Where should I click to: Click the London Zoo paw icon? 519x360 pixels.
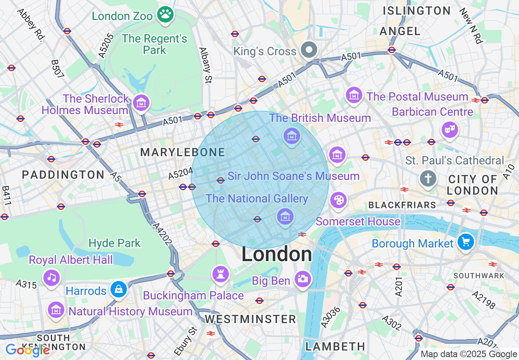point(166,15)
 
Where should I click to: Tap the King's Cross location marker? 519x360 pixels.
point(309,51)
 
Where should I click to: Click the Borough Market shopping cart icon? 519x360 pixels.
point(465,242)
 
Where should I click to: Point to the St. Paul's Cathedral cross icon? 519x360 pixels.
point(428,178)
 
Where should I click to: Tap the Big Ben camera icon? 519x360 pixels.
point(303,279)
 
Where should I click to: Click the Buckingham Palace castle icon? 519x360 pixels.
point(221,274)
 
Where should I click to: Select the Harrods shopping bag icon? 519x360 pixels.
point(119,289)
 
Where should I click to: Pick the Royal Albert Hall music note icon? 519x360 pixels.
point(52,277)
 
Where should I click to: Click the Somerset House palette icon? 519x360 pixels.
point(338,200)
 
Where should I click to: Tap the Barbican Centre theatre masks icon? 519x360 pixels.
point(449,130)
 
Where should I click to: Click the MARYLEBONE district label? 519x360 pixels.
point(183,153)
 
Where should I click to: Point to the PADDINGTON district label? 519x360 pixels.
point(63,175)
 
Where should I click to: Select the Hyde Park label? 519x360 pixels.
point(115,243)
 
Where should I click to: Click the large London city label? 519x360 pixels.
point(277,254)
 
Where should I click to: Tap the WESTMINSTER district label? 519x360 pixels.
point(250,319)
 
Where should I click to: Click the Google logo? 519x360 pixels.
point(27,350)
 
